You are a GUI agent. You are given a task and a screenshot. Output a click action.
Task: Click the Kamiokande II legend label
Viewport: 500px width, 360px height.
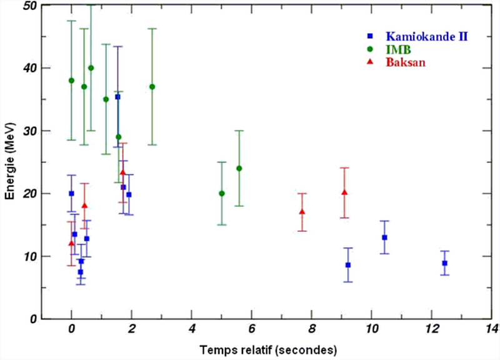pyautogui.click(x=427, y=36)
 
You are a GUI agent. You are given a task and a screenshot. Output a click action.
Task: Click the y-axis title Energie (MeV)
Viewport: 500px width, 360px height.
pyautogui.click(x=11, y=162)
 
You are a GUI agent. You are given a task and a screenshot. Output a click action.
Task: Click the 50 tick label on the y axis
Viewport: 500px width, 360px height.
pyautogui.click(x=29, y=6)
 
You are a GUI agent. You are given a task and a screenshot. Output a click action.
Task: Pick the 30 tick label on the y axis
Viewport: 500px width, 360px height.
pyautogui.click(x=29, y=131)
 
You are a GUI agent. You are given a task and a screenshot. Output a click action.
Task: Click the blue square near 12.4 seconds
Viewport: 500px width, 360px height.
pyautogui.click(x=444, y=263)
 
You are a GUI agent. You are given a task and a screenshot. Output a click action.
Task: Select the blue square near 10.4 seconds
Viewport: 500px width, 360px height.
pyautogui.click(x=384, y=237)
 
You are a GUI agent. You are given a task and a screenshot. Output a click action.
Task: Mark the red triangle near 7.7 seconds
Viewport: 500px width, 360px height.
pyautogui.click(x=302, y=212)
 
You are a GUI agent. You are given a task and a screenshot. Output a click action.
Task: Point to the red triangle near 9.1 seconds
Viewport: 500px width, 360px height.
pyautogui.click(x=344, y=192)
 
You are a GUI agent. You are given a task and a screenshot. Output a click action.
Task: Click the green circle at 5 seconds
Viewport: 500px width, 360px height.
pyautogui.click(x=222, y=194)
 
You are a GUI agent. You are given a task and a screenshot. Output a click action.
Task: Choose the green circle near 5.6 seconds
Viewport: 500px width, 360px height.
pyautogui.click(x=239, y=168)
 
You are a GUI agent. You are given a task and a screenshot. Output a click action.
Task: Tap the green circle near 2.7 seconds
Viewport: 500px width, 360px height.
pyautogui.click(x=152, y=87)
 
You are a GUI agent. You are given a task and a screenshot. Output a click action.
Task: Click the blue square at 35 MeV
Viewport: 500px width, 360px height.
pyautogui.click(x=117, y=97)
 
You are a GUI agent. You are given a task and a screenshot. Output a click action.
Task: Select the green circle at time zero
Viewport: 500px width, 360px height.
pyautogui.click(x=71, y=81)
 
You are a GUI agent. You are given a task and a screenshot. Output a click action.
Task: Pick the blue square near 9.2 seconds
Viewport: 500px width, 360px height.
pyautogui.click(x=348, y=265)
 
